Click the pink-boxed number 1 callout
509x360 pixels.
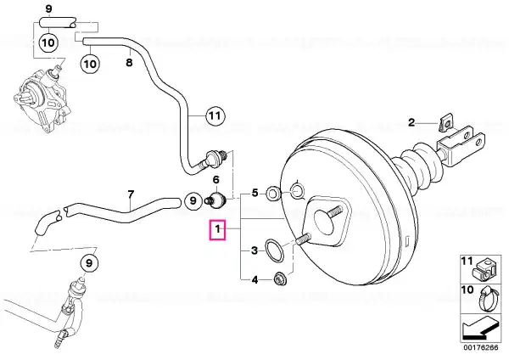[x=217, y=230]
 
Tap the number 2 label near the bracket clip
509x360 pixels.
[x=411, y=123]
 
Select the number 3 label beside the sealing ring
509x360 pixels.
[x=255, y=250]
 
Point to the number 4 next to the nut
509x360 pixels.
[x=255, y=279]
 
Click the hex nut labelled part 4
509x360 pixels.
[x=279, y=279]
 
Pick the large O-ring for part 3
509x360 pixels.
[x=275, y=250]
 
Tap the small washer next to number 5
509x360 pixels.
[x=271, y=194]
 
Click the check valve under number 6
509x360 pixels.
[x=215, y=200]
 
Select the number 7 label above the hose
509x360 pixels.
[x=130, y=194]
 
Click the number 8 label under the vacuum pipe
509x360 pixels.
[x=129, y=62]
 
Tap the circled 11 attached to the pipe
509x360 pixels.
[x=215, y=115]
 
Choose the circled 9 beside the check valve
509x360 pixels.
[x=193, y=200]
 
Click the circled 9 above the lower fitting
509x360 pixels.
[x=89, y=263]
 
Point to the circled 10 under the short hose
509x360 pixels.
[x=48, y=42]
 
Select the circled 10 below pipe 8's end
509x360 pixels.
[x=90, y=64]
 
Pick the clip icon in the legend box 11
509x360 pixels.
[x=484, y=269]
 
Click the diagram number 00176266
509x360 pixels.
[x=480, y=347]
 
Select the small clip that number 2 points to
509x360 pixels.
[x=445, y=123]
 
